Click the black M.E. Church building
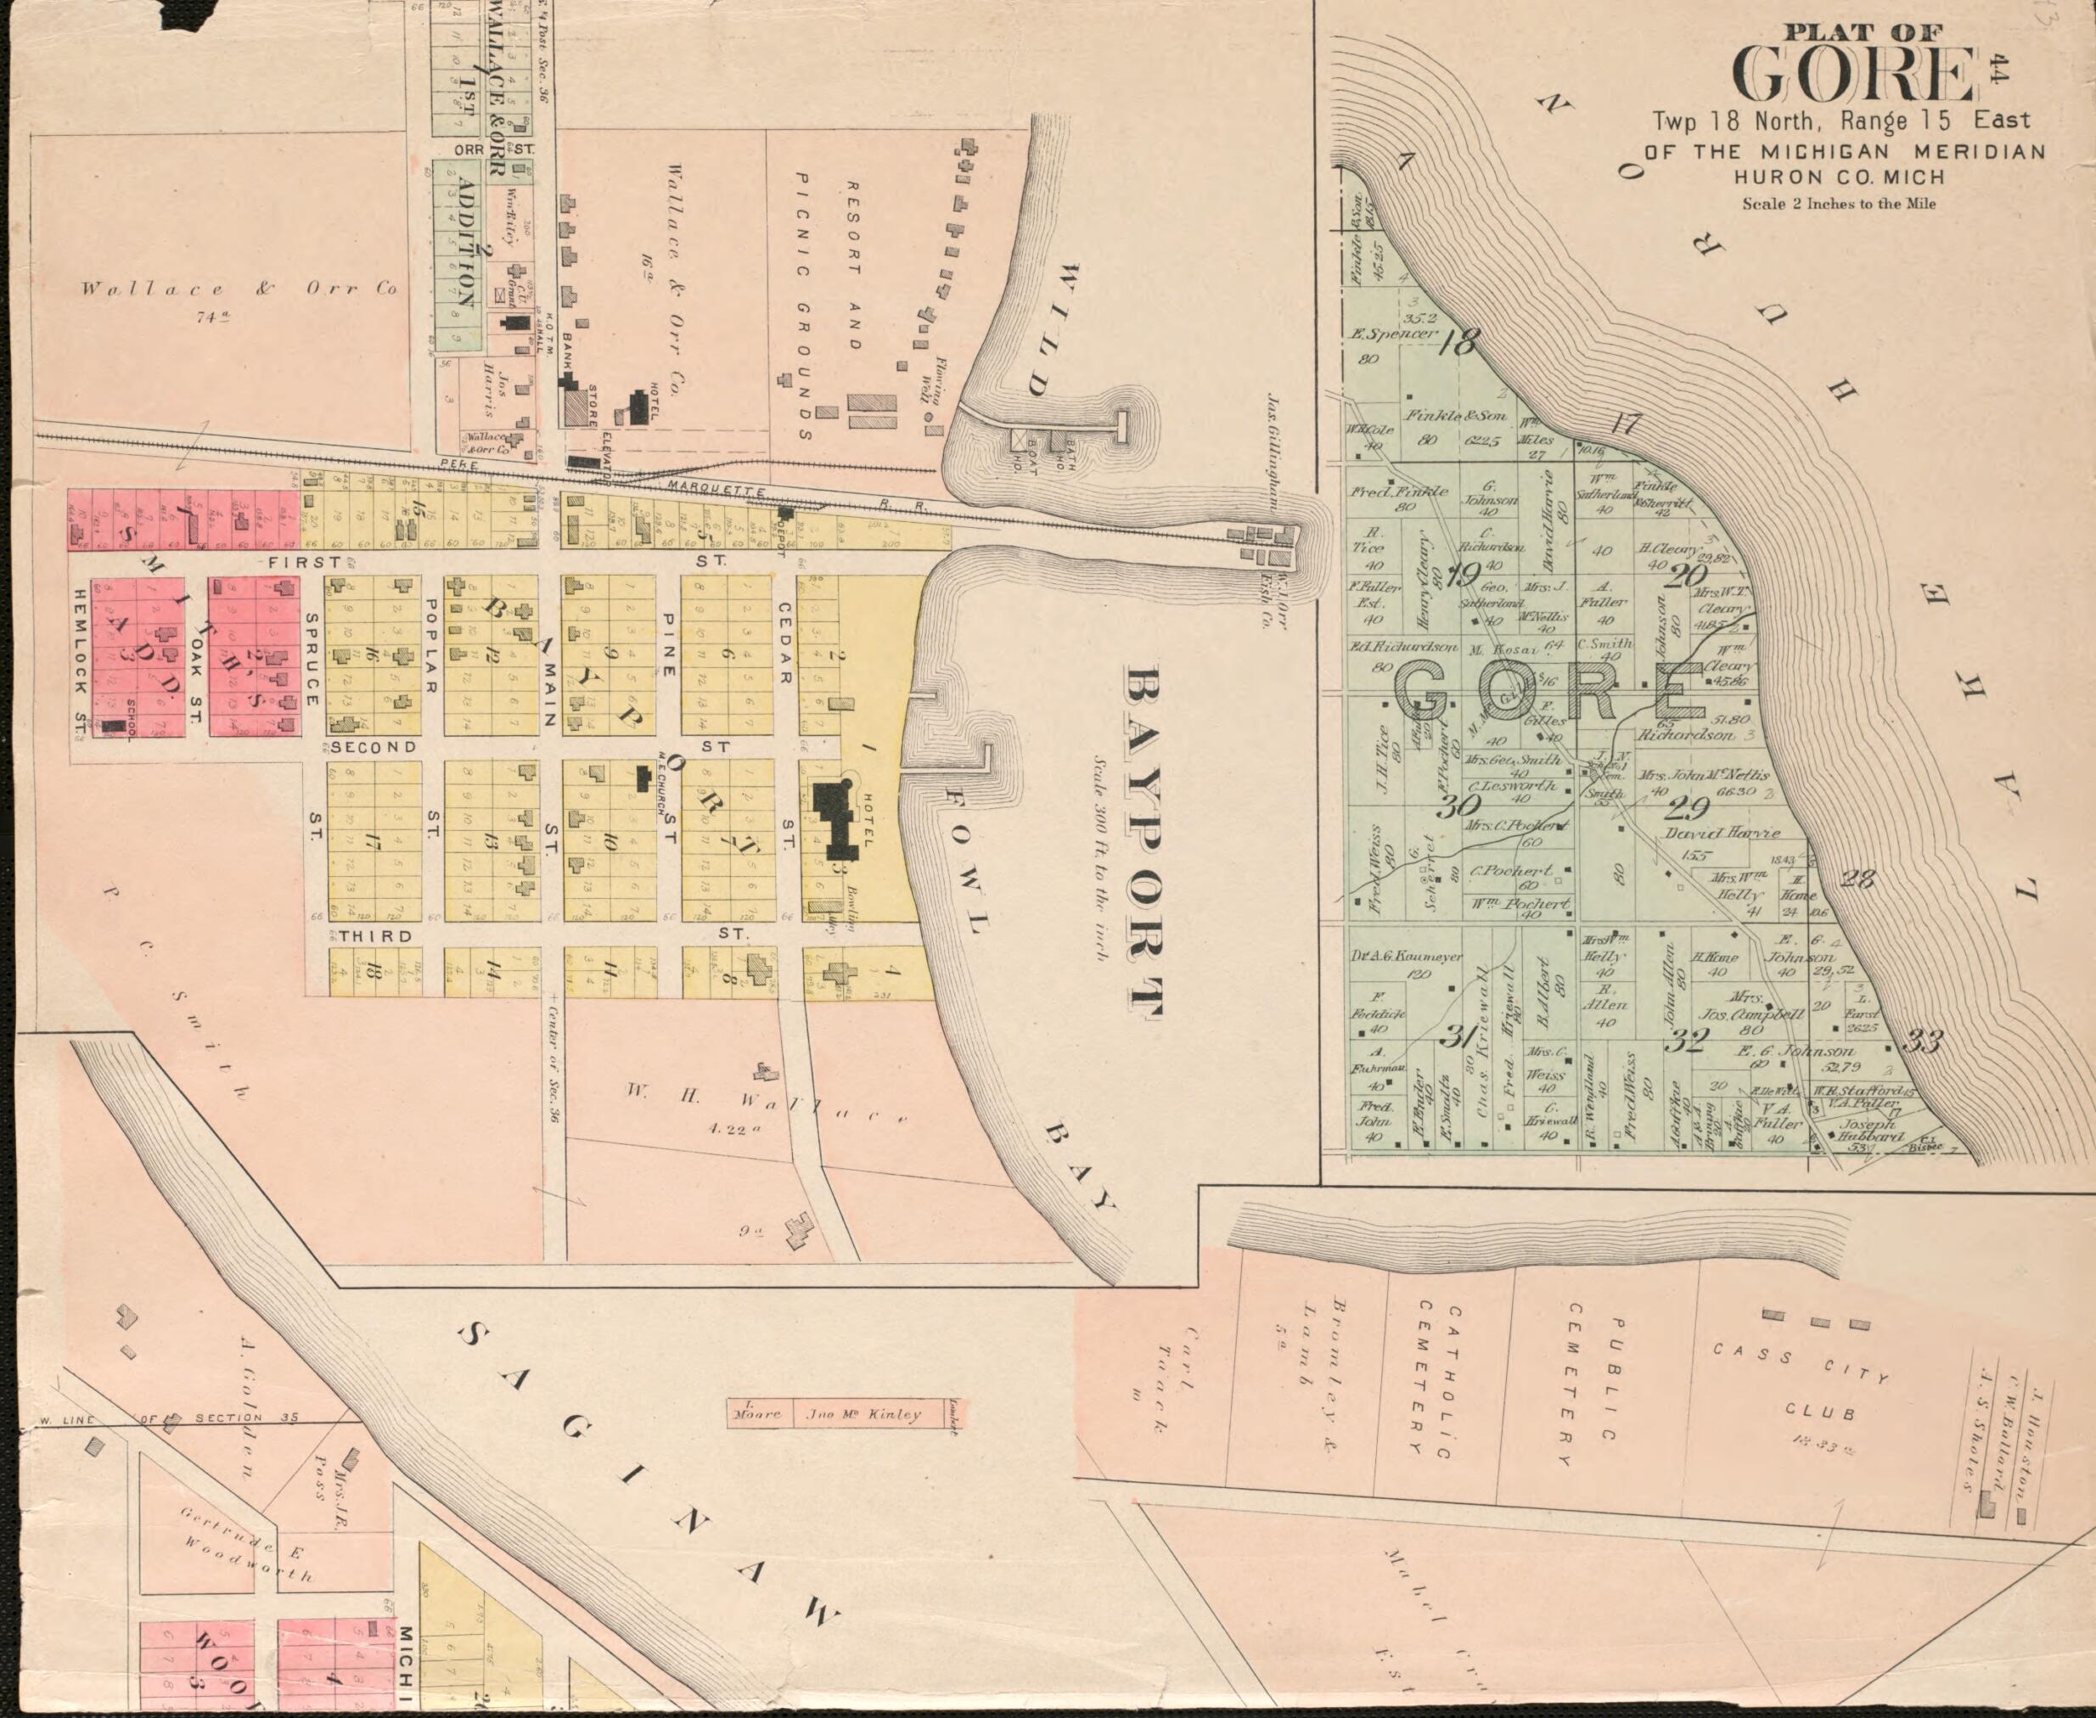pyautogui.click(x=643, y=778)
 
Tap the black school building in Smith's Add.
pyautogui.click(x=115, y=726)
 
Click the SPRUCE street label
pyautogui.click(x=311, y=658)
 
